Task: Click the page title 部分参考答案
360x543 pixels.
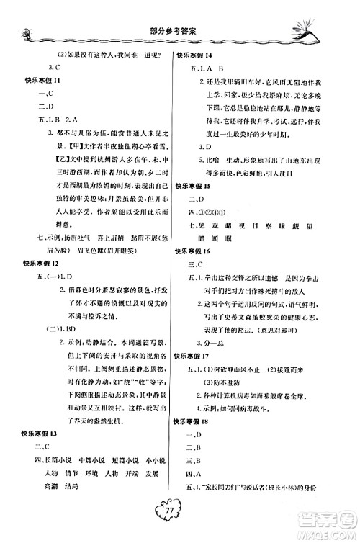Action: pyautogui.click(x=179, y=33)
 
